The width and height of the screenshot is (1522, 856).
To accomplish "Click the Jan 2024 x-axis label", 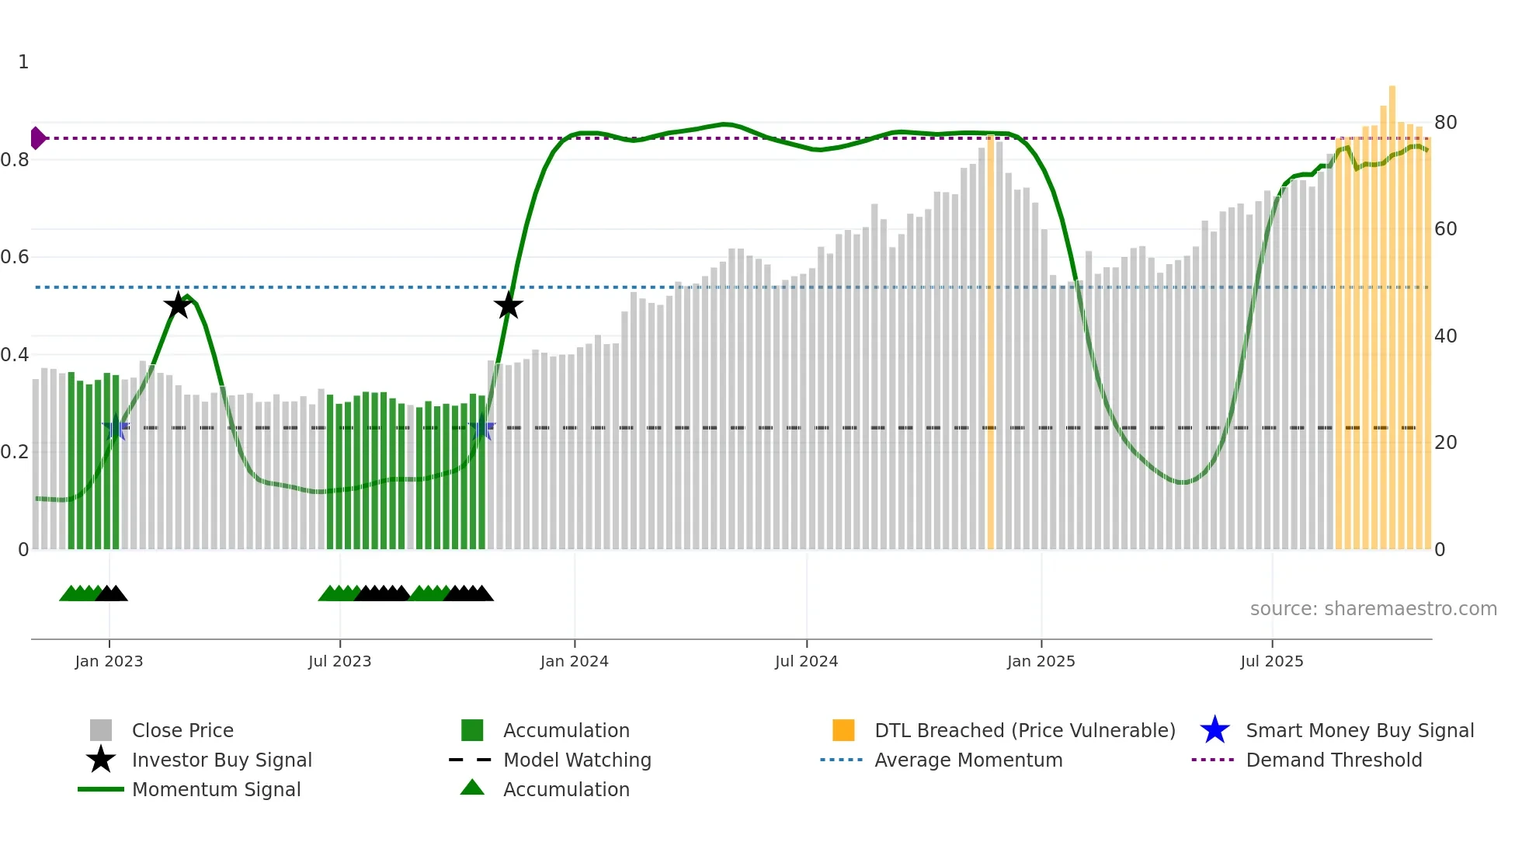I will pyautogui.click(x=574, y=661).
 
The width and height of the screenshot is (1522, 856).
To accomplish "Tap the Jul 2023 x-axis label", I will pyautogui.click(x=339, y=661).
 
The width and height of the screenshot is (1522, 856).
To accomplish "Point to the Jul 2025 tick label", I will pyautogui.click(x=1271, y=661).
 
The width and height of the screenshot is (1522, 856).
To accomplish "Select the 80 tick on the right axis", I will pyautogui.click(x=1445, y=123).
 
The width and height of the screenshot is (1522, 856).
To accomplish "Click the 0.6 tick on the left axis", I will pyautogui.click(x=15, y=257).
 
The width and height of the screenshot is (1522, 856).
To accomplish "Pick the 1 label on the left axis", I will pyautogui.click(x=23, y=62).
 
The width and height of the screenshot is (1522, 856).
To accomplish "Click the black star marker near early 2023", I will pyautogui.click(x=178, y=305).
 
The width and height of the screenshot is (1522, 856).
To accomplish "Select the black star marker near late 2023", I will pyautogui.click(x=509, y=305).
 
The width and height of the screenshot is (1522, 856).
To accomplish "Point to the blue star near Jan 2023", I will pyautogui.click(x=116, y=427).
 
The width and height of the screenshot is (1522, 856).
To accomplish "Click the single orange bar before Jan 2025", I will pyautogui.click(x=990, y=342).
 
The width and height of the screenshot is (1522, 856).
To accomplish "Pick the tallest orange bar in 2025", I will pyautogui.click(x=1392, y=318).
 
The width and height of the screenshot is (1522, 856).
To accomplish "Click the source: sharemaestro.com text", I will pyautogui.click(x=1373, y=608).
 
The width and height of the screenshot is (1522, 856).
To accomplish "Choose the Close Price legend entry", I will pyautogui.click(x=182, y=730).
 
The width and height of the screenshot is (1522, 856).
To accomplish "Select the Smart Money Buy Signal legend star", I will pyautogui.click(x=1214, y=730).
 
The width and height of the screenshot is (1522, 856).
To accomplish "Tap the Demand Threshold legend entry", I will pyautogui.click(x=1333, y=760).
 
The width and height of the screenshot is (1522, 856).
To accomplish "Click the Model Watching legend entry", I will pyautogui.click(x=576, y=760).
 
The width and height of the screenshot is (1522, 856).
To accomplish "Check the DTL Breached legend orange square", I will pyautogui.click(x=843, y=730).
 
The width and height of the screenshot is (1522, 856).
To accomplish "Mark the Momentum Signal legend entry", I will pyautogui.click(x=216, y=789).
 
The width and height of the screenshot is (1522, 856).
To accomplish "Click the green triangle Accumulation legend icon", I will pyautogui.click(x=472, y=788).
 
